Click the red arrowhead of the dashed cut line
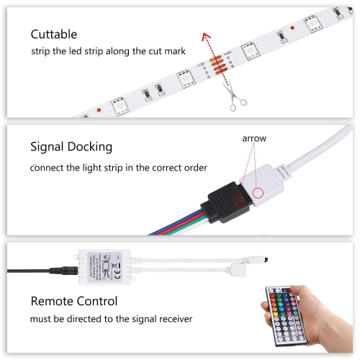pos(205,37)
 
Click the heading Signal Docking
pos(71,147)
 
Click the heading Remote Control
pos(73,301)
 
